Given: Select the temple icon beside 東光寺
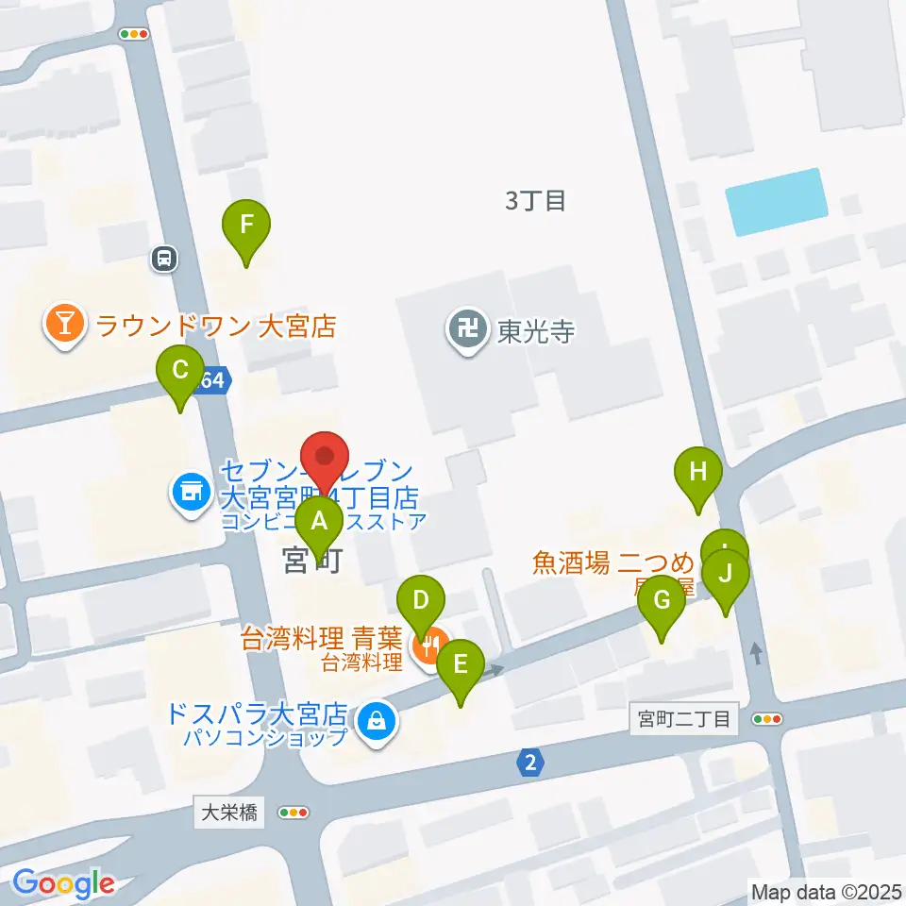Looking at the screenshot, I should pyautogui.click(x=466, y=330).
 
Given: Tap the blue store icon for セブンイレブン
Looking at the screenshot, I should pyautogui.click(x=191, y=491).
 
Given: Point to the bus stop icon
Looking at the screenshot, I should pyautogui.click(x=164, y=258).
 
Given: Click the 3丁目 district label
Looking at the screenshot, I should pyautogui.click(x=535, y=200).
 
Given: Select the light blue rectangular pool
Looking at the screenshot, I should pyautogui.click(x=775, y=201).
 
